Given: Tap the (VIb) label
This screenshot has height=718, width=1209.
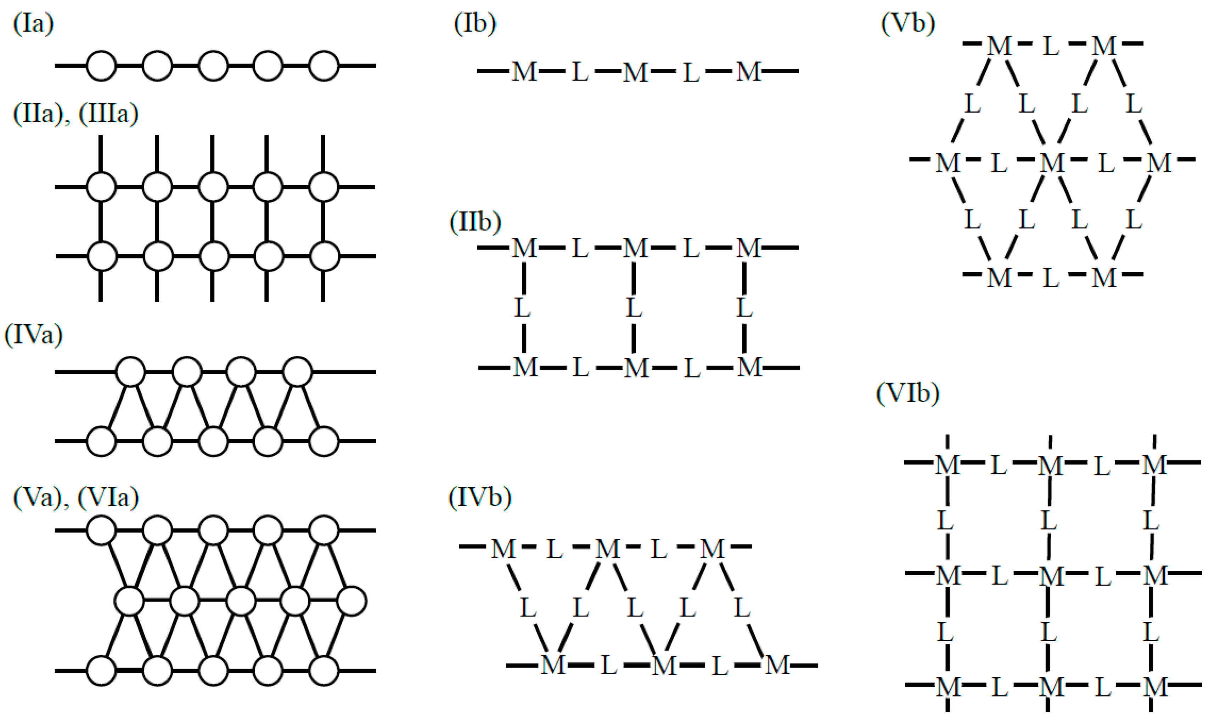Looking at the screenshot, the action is tap(907, 393).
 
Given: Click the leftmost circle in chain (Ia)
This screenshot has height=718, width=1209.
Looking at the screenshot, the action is tap(101, 65).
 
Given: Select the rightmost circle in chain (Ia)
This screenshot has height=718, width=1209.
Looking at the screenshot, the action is tap(324, 65).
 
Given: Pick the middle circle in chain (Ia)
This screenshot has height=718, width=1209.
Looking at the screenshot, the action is tap(213, 65).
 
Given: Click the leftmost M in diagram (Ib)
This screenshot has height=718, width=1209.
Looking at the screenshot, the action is tap(524, 72).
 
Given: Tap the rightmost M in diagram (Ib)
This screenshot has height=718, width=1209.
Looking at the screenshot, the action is tap(749, 72).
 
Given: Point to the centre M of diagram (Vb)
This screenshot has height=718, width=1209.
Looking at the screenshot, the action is tap(1052, 162).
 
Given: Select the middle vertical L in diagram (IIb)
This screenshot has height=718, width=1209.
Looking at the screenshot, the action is tap(634, 308).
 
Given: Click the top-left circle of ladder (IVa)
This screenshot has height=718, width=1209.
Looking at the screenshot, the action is tap(131, 372).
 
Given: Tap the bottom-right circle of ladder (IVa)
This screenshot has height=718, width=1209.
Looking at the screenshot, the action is tap(324, 441).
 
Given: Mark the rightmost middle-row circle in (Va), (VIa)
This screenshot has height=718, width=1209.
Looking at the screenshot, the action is tap(351, 601).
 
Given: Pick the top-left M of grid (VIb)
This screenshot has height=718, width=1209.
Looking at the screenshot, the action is tap(947, 465).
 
